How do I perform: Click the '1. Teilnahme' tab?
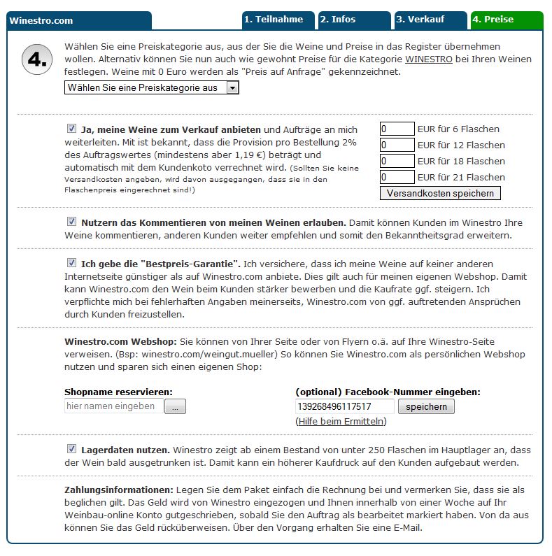(278, 20)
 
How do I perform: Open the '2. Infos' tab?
(353, 20)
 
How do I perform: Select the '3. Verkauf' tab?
(429, 20)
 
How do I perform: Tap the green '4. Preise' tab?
(506, 20)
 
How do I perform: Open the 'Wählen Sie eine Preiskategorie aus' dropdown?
(152, 88)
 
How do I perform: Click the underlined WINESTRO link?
(428, 59)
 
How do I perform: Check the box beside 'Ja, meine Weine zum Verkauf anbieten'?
(71, 129)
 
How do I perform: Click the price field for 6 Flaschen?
(397, 129)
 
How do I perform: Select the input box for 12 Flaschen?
(397, 145)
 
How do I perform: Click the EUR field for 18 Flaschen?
(397, 161)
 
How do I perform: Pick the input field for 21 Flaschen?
(397, 177)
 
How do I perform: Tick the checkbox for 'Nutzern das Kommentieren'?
(71, 222)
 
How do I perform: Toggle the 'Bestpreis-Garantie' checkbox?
(71, 263)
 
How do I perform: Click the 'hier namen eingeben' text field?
(113, 406)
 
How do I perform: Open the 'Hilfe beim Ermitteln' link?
(341, 421)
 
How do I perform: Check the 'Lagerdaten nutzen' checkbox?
(71, 449)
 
